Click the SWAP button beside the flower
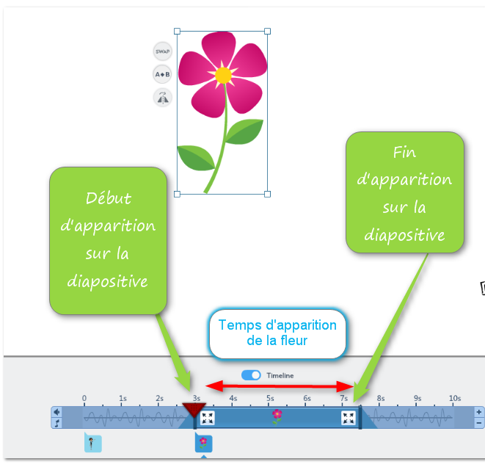coord(162,51)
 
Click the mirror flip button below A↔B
coord(162,97)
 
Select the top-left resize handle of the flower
coord(178,32)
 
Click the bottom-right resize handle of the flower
coord(267,194)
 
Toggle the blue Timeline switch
coord(252,375)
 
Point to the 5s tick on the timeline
coord(270,399)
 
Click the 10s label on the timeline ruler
coord(455,399)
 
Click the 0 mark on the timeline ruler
coord(84,399)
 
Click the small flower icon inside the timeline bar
coord(277,416)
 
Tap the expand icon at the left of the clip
coord(208,418)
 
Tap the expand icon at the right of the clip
coord(349,418)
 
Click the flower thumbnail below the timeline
coord(203,443)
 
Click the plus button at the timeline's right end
coord(479,412)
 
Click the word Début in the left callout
coord(109,198)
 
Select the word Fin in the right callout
coord(404,153)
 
